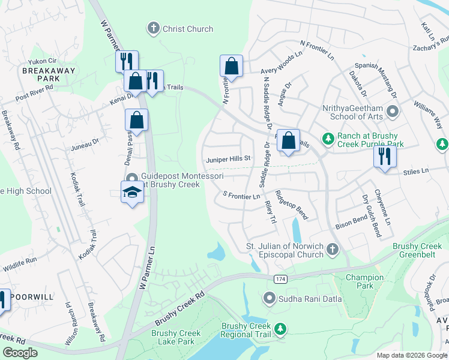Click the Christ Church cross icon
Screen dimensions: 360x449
[153, 28]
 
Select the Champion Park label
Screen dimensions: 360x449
[364, 281]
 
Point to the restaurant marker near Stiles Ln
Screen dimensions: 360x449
[384, 155]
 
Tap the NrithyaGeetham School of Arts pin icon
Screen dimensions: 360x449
[393, 111]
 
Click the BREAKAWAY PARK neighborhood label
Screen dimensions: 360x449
[41, 74]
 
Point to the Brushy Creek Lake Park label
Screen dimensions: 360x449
[176, 337]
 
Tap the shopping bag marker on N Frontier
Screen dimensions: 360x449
[231, 67]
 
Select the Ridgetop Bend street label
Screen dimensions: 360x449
[291, 205]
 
